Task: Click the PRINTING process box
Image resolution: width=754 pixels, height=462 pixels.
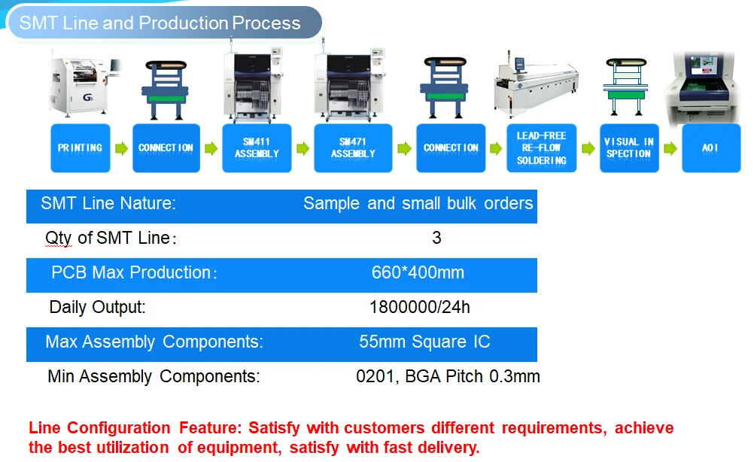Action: tap(81, 148)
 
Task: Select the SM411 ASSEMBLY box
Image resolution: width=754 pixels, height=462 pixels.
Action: tap(257, 148)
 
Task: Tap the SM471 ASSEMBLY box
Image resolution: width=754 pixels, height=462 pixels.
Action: tap(353, 148)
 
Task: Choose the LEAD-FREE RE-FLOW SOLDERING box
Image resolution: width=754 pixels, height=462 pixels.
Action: tap(542, 148)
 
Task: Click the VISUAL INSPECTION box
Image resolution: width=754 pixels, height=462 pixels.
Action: tap(629, 148)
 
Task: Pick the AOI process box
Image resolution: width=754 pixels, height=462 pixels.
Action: tap(711, 148)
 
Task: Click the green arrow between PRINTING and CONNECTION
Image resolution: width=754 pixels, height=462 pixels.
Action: tap(122, 148)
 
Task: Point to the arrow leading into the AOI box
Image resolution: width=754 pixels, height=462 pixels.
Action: tap(670, 148)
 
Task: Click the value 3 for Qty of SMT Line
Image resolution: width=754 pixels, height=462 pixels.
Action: tap(436, 238)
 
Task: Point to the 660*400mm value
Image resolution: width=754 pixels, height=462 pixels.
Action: tap(418, 272)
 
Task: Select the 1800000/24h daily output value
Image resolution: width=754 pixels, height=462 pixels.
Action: tap(420, 307)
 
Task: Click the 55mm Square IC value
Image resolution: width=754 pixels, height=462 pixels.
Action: tap(424, 342)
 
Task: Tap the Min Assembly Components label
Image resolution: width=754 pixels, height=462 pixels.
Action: tap(154, 376)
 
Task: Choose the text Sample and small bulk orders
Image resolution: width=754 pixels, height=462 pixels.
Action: tap(418, 203)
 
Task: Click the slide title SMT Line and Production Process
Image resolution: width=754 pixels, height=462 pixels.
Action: tap(160, 23)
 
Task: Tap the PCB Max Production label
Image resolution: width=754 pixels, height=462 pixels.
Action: tap(134, 272)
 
